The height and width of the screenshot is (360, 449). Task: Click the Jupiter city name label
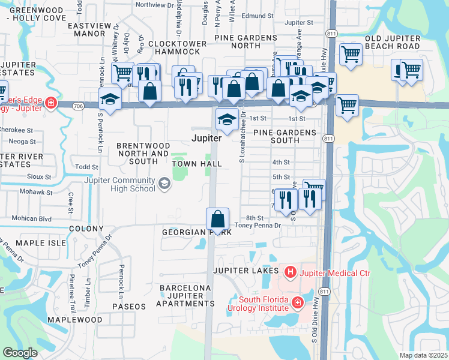[x=206, y=138]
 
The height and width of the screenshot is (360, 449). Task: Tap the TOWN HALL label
[x=197, y=164]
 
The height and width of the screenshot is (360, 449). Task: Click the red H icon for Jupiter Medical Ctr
[x=291, y=273]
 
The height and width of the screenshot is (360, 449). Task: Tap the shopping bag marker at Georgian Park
[x=218, y=219]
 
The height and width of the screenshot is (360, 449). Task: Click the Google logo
[x=20, y=353]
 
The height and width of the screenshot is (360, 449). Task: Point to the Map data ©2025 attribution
[x=423, y=355]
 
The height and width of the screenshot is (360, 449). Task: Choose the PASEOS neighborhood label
[x=128, y=307]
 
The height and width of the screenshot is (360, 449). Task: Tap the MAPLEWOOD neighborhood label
[x=76, y=320]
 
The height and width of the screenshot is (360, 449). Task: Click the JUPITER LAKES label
[x=249, y=271]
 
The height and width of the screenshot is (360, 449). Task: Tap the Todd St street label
[x=87, y=167]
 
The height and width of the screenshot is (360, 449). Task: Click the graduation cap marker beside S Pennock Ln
[x=110, y=100]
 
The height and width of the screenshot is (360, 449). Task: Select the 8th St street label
[x=255, y=218]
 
